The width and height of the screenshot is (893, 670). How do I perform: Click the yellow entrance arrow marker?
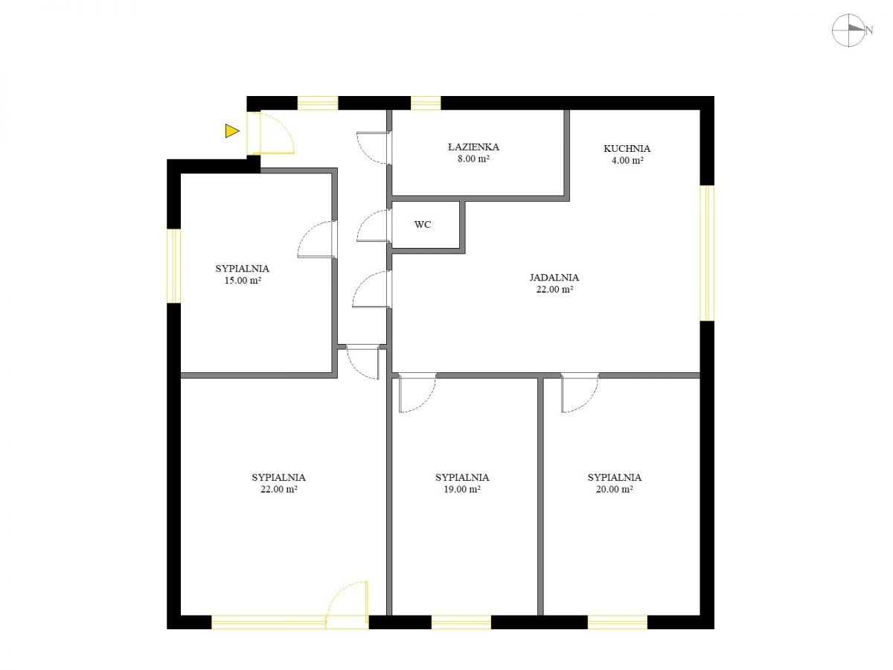232,130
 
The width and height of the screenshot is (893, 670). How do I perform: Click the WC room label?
422,224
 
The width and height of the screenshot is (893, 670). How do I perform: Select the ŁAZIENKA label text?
473,147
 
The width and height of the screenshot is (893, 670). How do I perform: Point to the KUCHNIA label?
627,148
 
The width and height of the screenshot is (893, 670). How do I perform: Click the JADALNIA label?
554,278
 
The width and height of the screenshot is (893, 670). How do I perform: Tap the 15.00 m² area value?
243,281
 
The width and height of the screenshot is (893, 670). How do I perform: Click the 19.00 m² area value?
462,489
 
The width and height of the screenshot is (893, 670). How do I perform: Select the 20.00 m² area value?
614,489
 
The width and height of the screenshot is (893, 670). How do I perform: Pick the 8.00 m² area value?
473,159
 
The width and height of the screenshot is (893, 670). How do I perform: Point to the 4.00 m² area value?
627,160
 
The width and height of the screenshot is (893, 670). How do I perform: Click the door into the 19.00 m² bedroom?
417,392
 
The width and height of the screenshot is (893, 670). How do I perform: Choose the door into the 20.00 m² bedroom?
580,392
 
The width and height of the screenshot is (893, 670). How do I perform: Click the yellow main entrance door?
271,133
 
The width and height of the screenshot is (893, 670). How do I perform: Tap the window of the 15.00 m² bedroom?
173,266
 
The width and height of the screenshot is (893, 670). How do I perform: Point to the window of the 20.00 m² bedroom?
617,622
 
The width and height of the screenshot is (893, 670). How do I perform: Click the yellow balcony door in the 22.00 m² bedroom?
347,605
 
